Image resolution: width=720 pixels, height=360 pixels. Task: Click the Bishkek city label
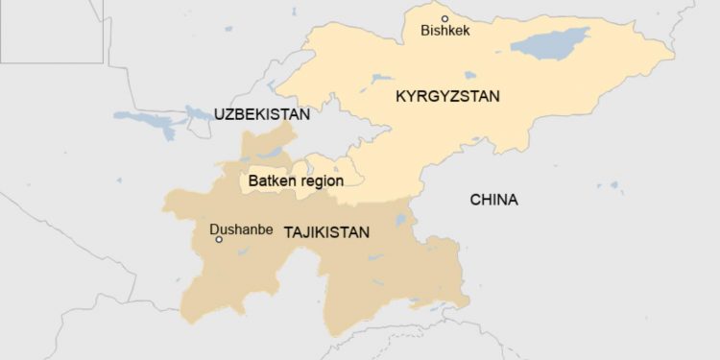coord(444,32)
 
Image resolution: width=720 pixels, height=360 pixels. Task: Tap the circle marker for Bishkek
coord(444,18)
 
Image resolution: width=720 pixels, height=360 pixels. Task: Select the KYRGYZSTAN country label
coord(447,96)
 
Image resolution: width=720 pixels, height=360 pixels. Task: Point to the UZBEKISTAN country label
coord(261,114)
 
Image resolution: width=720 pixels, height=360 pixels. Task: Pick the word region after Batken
coord(321,180)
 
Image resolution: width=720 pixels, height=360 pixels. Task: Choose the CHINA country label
coord(493,200)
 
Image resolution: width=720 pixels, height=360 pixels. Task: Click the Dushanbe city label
coord(241,229)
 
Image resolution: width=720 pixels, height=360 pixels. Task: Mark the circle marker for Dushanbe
coord(219,240)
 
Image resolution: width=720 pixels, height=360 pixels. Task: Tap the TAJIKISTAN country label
coord(326,231)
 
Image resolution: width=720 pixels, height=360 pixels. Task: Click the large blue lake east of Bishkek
coord(549,41)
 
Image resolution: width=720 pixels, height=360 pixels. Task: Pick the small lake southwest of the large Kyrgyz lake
coord(470,75)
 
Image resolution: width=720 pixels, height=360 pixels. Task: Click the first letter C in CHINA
coord(474,200)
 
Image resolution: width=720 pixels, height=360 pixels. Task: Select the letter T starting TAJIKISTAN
coord(288,231)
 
